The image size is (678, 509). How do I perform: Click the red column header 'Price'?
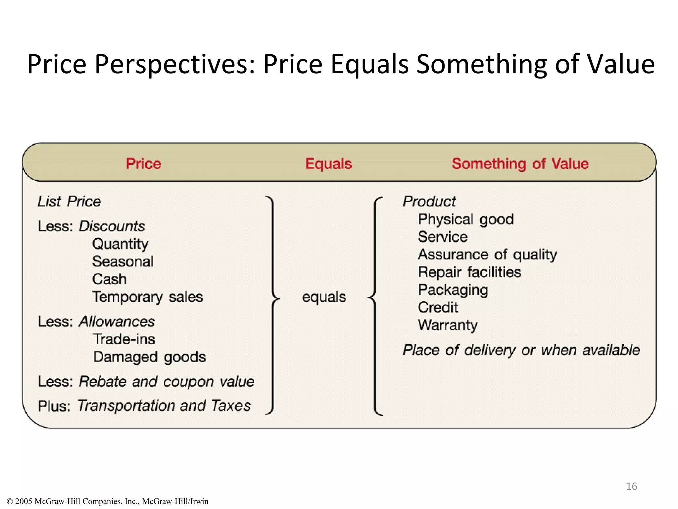tap(143, 164)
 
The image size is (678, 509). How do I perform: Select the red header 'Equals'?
tap(328, 164)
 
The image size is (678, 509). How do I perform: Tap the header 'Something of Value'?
tap(520, 164)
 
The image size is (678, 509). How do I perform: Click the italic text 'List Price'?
tap(69, 201)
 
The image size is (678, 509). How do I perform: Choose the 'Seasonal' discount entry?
tap(123, 262)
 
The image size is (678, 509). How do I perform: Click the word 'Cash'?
tap(109, 279)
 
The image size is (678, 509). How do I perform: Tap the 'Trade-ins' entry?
tap(124, 339)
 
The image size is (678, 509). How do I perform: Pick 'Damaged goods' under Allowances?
tap(149, 357)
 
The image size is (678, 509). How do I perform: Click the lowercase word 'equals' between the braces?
tap(324, 297)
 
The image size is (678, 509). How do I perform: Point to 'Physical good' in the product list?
tap(466, 220)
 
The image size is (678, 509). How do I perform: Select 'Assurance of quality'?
tap(487, 255)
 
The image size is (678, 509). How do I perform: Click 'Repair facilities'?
tap(469, 272)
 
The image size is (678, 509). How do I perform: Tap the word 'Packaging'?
tap(453, 290)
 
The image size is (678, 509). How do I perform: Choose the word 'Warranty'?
tap(448, 325)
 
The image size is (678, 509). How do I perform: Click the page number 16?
tap(631, 486)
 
